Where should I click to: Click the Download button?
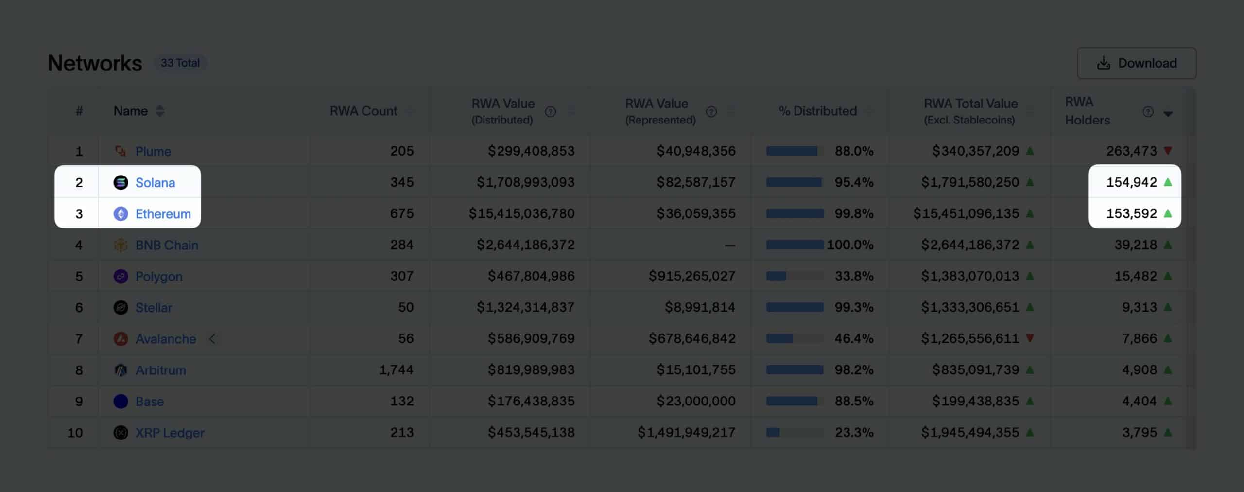point(1136,63)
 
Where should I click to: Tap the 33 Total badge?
point(180,63)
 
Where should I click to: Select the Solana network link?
point(155,183)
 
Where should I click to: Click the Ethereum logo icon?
point(121,214)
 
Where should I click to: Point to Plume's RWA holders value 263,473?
point(1131,151)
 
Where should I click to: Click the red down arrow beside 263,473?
point(1168,151)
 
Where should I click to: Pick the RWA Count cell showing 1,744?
point(396,370)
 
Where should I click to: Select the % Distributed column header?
point(817,111)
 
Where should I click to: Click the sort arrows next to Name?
point(160,111)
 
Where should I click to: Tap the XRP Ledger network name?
point(170,433)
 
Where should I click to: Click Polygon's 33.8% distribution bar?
point(795,276)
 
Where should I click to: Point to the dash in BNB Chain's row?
point(729,246)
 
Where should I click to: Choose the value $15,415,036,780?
point(521,214)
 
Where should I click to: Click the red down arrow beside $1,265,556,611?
point(1030,338)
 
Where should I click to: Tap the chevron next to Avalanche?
point(212,339)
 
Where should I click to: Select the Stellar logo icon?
point(121,308)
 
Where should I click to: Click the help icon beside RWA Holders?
point(1148,112)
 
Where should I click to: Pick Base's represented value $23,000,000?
point(696,402)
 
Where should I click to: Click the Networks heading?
point(95,63)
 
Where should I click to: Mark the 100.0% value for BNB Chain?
point(850,245)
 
